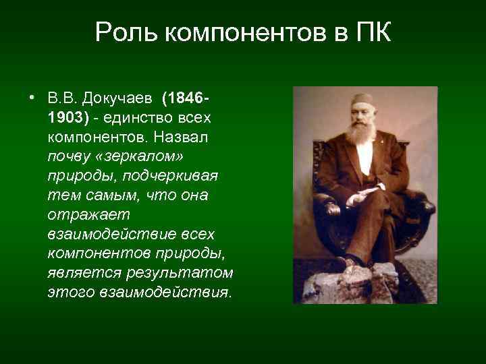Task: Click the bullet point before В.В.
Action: point(32,100)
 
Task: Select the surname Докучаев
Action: point(118,100)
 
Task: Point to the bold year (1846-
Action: point(185,100)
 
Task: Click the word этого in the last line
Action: point(71,293)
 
